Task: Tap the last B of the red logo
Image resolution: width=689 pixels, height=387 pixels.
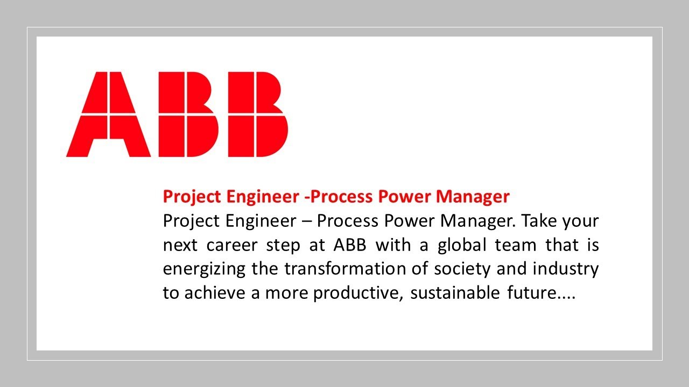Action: (x=255, y=114)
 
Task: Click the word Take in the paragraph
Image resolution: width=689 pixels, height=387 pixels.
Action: (x=539, y=221)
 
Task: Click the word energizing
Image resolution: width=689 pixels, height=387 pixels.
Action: (x=204, y=269)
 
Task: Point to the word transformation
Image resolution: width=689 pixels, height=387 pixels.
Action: (x=344, y=269)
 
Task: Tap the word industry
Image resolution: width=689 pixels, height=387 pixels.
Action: (x=566, y=269)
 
